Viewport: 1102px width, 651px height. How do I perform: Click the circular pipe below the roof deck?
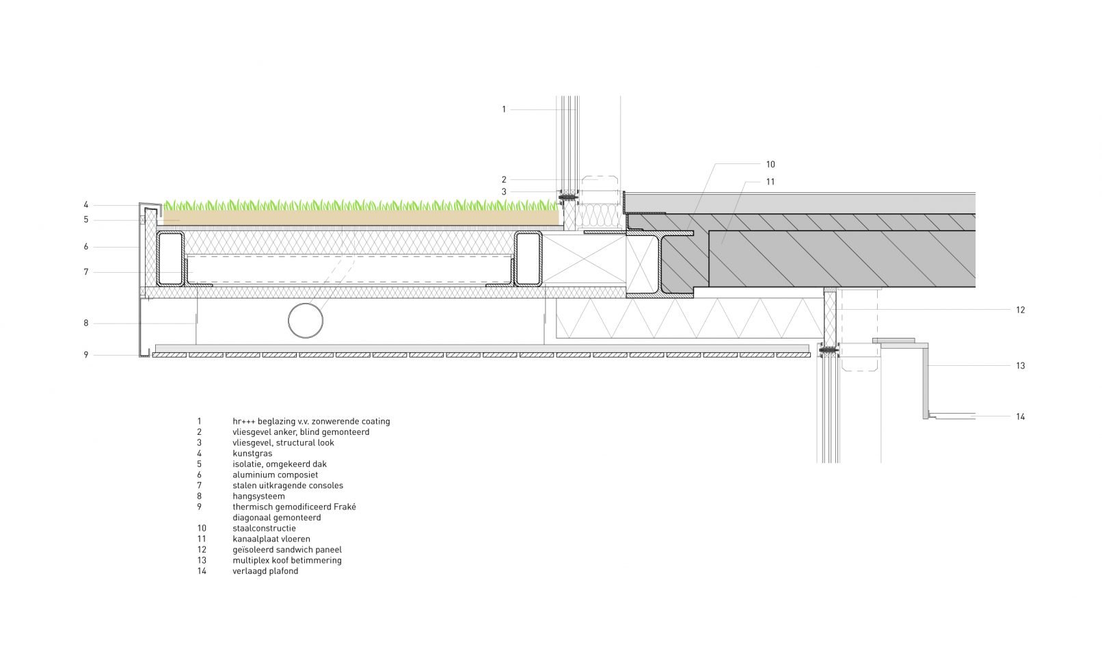306,320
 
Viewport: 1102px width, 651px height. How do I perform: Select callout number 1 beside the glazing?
504,109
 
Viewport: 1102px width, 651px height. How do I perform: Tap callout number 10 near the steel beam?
770,164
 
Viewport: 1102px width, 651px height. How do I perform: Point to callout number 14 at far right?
1020,416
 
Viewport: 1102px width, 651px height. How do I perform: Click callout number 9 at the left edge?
86,355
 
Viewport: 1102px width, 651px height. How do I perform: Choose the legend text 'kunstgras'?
252,453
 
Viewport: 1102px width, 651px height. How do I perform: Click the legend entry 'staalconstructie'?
264,529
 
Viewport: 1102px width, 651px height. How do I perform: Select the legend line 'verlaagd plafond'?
265,571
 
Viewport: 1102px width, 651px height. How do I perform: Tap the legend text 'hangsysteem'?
258,496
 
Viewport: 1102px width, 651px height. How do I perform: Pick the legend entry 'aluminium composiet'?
275,475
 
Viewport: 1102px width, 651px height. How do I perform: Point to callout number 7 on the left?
86,272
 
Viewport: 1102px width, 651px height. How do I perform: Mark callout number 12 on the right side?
1020,310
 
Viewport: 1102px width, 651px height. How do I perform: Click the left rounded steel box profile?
171,259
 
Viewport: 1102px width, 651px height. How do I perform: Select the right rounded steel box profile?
528,259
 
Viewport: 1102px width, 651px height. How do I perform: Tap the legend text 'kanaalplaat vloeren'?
271,539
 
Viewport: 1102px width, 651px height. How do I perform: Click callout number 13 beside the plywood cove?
1020,366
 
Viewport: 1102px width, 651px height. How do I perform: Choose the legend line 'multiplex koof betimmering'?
286,560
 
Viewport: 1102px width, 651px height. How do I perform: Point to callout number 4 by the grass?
86,204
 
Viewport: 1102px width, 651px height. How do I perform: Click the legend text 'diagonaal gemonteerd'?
276,518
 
